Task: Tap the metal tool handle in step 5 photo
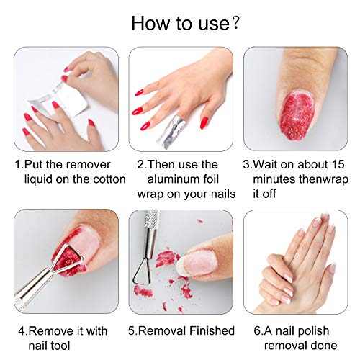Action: pyautogui.click(x=151, y=230)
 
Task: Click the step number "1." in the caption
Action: pyautogui.click(x=18, y=164)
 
